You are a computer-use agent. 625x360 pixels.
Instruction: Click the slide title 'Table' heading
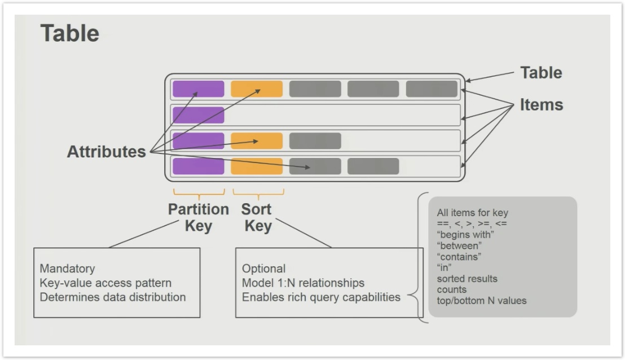coord(70,33)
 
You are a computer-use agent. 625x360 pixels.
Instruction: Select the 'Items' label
coord(542,105)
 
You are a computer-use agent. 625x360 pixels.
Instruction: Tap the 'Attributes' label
coord(107,151)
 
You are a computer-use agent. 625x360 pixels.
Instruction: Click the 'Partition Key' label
coord(199,217)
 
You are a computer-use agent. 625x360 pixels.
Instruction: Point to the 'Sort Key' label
coord(257,217)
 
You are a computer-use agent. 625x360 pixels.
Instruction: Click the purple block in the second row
coord(198,115)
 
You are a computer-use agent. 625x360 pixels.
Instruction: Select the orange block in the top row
coord(257,89)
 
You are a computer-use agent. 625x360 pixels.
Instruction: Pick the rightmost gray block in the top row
coord(432,89)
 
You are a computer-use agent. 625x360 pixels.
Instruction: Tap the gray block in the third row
coord(315,141)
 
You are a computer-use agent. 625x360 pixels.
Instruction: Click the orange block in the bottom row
coord(257,166)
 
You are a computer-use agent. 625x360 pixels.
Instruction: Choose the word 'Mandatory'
coord(67,269)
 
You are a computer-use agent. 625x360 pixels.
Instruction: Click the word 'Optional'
coord(263,269)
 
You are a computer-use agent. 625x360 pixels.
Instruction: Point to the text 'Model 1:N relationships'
coord(303,283)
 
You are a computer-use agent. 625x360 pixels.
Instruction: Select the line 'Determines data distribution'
coord(113,297)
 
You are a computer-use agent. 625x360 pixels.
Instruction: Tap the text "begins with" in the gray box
coord(465,234)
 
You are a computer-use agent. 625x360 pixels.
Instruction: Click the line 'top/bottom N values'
coord(482,301)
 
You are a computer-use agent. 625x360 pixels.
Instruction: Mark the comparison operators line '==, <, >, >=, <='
coord(472,223)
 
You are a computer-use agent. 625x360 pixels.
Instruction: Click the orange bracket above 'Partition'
coord(199,194)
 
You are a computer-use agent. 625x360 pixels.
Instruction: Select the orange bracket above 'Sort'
coord(258,194)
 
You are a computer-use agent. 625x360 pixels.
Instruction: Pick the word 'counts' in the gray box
coord(452,290)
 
